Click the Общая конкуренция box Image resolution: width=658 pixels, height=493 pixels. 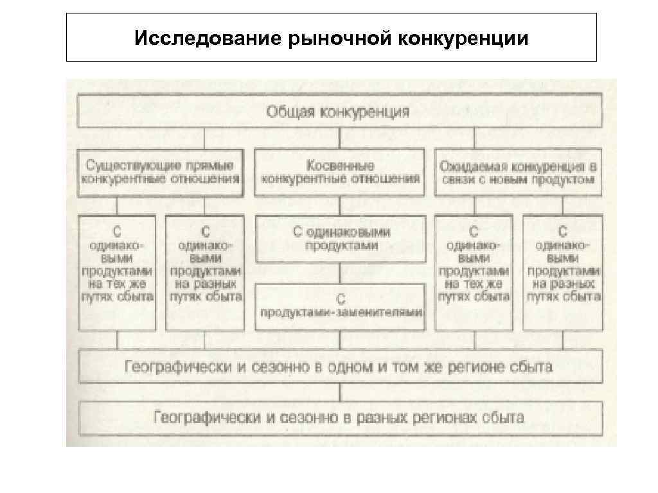(x=339, y=112)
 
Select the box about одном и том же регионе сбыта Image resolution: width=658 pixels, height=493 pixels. (x=339, y=367)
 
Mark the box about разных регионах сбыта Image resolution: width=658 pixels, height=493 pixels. (x=339, y=418)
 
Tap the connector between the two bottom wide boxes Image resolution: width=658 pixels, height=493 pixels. (x=340, y=392)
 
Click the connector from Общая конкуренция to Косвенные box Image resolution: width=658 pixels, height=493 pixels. (x=340, y=139)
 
